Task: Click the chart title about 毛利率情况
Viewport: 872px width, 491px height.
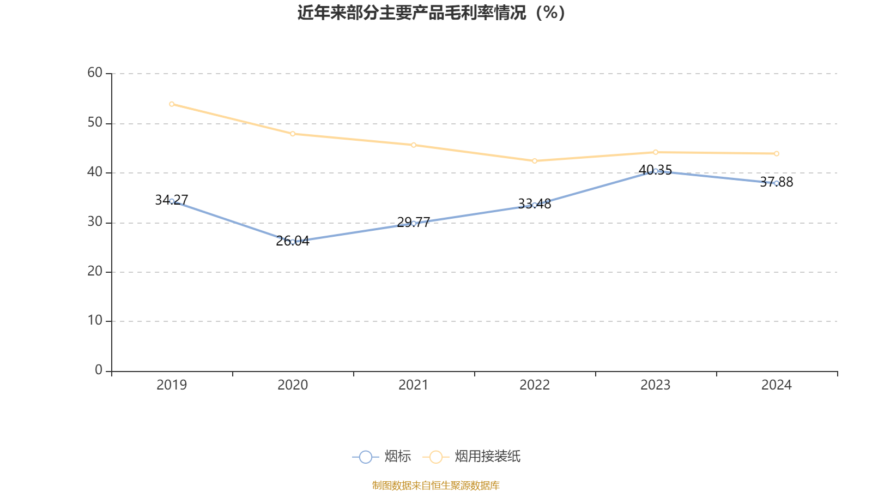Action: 432,13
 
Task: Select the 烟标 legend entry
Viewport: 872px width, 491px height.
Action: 382,457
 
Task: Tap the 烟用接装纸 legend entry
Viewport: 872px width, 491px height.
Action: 472,457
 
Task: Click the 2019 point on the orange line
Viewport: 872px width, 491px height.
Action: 172,104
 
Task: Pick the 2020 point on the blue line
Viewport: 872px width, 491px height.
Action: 293,242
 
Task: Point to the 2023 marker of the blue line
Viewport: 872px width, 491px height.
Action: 656,171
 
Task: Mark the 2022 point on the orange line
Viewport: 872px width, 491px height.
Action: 535,161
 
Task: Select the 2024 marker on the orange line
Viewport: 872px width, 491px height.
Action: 777,154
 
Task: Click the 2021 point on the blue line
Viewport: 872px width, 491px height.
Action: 414,223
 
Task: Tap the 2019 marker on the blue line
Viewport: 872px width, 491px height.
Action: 172,201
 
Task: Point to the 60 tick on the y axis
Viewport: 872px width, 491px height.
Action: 95,73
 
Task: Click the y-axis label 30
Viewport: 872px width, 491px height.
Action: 95,222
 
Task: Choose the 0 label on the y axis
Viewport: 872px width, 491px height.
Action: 99,370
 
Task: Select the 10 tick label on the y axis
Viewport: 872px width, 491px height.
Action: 95,321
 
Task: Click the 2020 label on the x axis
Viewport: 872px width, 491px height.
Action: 293,385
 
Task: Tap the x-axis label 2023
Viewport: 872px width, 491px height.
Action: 656,385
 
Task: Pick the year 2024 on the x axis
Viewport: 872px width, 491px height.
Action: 777,385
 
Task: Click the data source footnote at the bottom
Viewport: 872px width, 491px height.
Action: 436,485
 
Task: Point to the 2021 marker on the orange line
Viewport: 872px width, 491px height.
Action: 414,145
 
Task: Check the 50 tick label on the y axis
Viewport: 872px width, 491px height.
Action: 95,123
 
